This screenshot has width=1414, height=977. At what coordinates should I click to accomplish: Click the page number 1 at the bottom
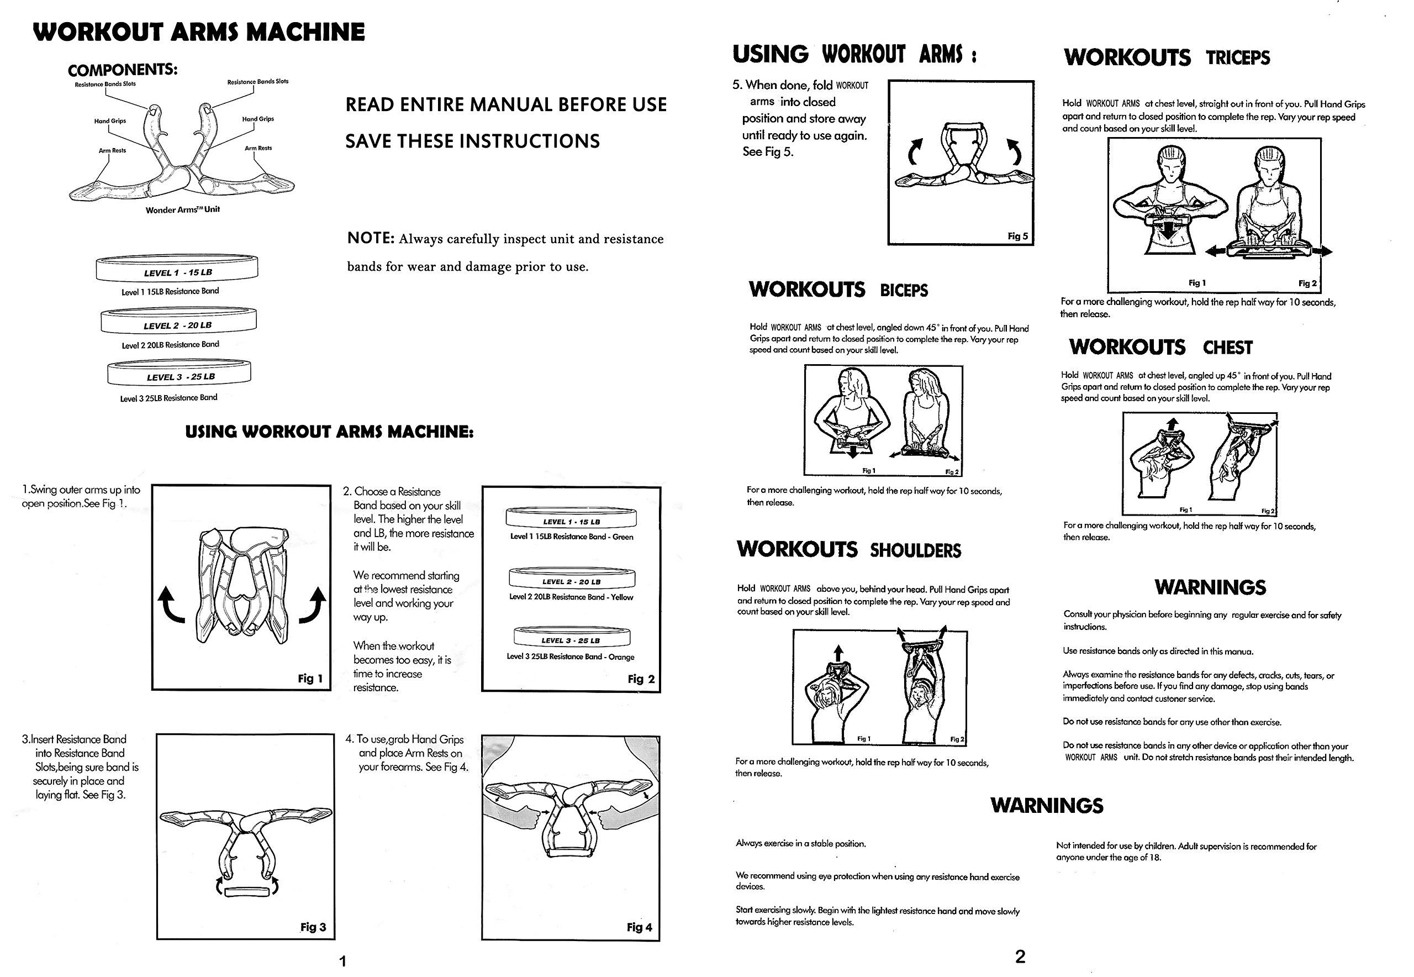point(342,961)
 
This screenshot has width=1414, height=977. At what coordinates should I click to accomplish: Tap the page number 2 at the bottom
point(1020,956)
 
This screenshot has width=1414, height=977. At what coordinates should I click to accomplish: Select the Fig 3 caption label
point(313,927)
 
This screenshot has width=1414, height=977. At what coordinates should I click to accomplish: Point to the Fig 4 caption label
point(640,927)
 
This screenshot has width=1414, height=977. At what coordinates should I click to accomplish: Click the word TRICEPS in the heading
point(1238,58)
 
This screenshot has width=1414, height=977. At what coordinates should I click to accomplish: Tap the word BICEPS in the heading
point(904,290)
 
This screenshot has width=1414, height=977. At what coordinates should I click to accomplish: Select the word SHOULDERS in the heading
point(915,550)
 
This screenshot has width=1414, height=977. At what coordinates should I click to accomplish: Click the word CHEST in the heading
point(1227,348)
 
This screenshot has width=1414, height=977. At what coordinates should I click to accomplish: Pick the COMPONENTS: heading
point(123,70)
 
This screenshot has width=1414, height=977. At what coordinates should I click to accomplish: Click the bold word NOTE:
point(371,238)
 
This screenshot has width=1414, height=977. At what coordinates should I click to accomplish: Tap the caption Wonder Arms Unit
point(182,209)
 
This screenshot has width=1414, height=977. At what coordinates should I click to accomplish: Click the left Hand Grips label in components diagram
point(109,121)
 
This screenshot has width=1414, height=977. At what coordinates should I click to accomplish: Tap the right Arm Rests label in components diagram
point(258,148)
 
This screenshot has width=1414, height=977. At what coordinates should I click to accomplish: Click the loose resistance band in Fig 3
point(246,891)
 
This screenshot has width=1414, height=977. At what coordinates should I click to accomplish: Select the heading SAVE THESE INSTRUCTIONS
point(472,141)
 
